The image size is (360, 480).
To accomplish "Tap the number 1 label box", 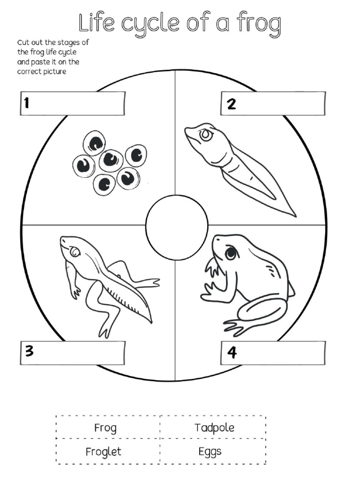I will point(73,103).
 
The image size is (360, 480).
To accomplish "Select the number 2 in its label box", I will point(232,104).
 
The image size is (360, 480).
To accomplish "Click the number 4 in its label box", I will point(232,352).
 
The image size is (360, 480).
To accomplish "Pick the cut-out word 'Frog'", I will point(105,427).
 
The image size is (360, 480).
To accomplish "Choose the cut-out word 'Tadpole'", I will point(214,427).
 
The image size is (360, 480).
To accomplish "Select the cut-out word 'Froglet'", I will point(103,451).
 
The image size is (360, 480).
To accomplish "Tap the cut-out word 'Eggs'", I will point(210,451).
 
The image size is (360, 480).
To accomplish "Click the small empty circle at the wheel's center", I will point(177,227).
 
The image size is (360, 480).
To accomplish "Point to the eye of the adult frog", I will point(230,253).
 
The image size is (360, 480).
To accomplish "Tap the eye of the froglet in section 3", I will point(75,252).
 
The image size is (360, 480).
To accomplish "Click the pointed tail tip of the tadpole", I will point(294,215).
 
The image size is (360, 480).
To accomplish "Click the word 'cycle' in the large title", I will point(164,24).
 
